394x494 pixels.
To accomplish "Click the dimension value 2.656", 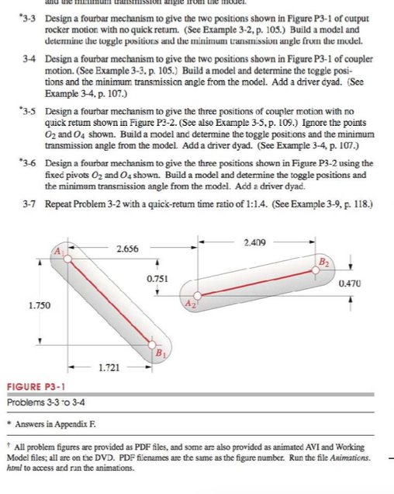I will tap(128, 249).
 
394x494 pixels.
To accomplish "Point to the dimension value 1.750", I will tap(40, 307).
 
